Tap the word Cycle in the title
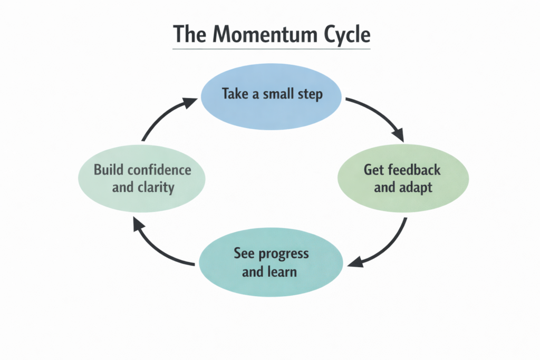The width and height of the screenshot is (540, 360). pos(344,34)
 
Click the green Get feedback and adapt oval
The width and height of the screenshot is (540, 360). pos(402,179)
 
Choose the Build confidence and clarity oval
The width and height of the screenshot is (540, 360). pos(142,179)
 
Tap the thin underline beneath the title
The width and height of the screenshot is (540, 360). pos(272,50)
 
